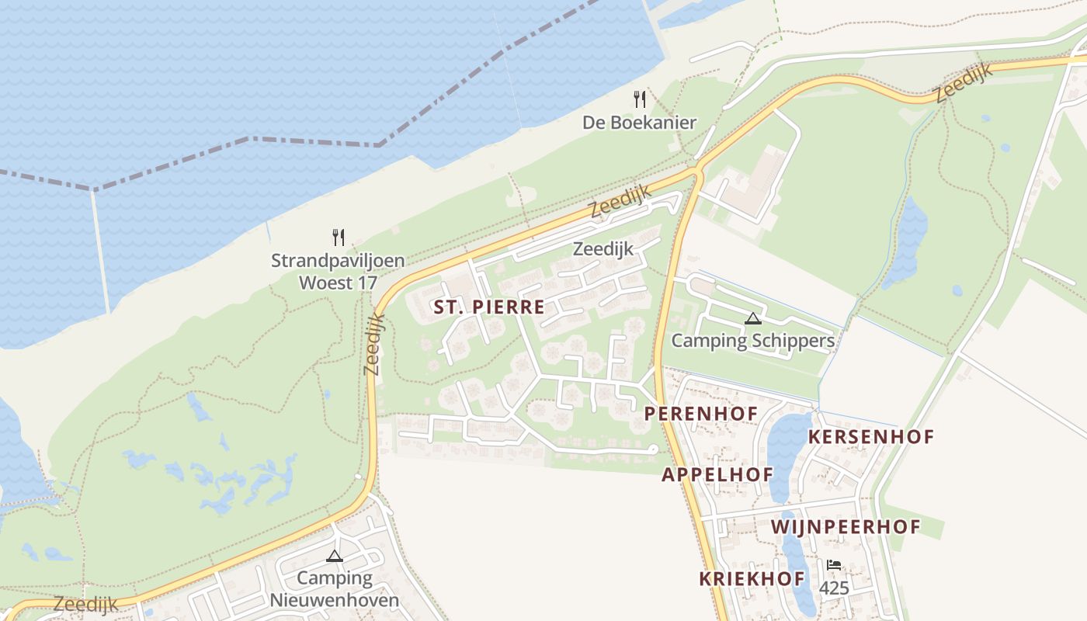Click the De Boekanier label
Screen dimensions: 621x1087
[639, 123]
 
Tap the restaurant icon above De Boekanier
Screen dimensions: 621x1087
[640, 99]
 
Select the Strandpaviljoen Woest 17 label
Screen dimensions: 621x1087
[338, 271]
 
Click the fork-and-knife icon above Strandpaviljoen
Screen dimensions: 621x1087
[338, 238]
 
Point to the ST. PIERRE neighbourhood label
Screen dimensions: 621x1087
[489, 307]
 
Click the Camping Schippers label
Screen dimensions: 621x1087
[752, 341]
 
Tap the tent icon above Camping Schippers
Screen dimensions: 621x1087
[752, 318]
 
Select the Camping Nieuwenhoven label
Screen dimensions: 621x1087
[335, 589]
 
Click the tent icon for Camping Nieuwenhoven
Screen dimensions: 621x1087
[335, 556]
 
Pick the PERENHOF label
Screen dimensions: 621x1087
[701, 414]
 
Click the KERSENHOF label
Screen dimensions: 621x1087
[870, 437]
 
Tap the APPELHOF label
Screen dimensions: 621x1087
[717, 474]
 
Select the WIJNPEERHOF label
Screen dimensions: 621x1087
[845, 528]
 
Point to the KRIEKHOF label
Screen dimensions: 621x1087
[752, 579]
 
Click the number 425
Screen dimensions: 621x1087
[834, 588]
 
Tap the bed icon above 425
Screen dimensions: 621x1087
[834, 565]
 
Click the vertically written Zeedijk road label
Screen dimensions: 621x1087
[374, 344]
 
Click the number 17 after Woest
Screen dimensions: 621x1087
[362, 282]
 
